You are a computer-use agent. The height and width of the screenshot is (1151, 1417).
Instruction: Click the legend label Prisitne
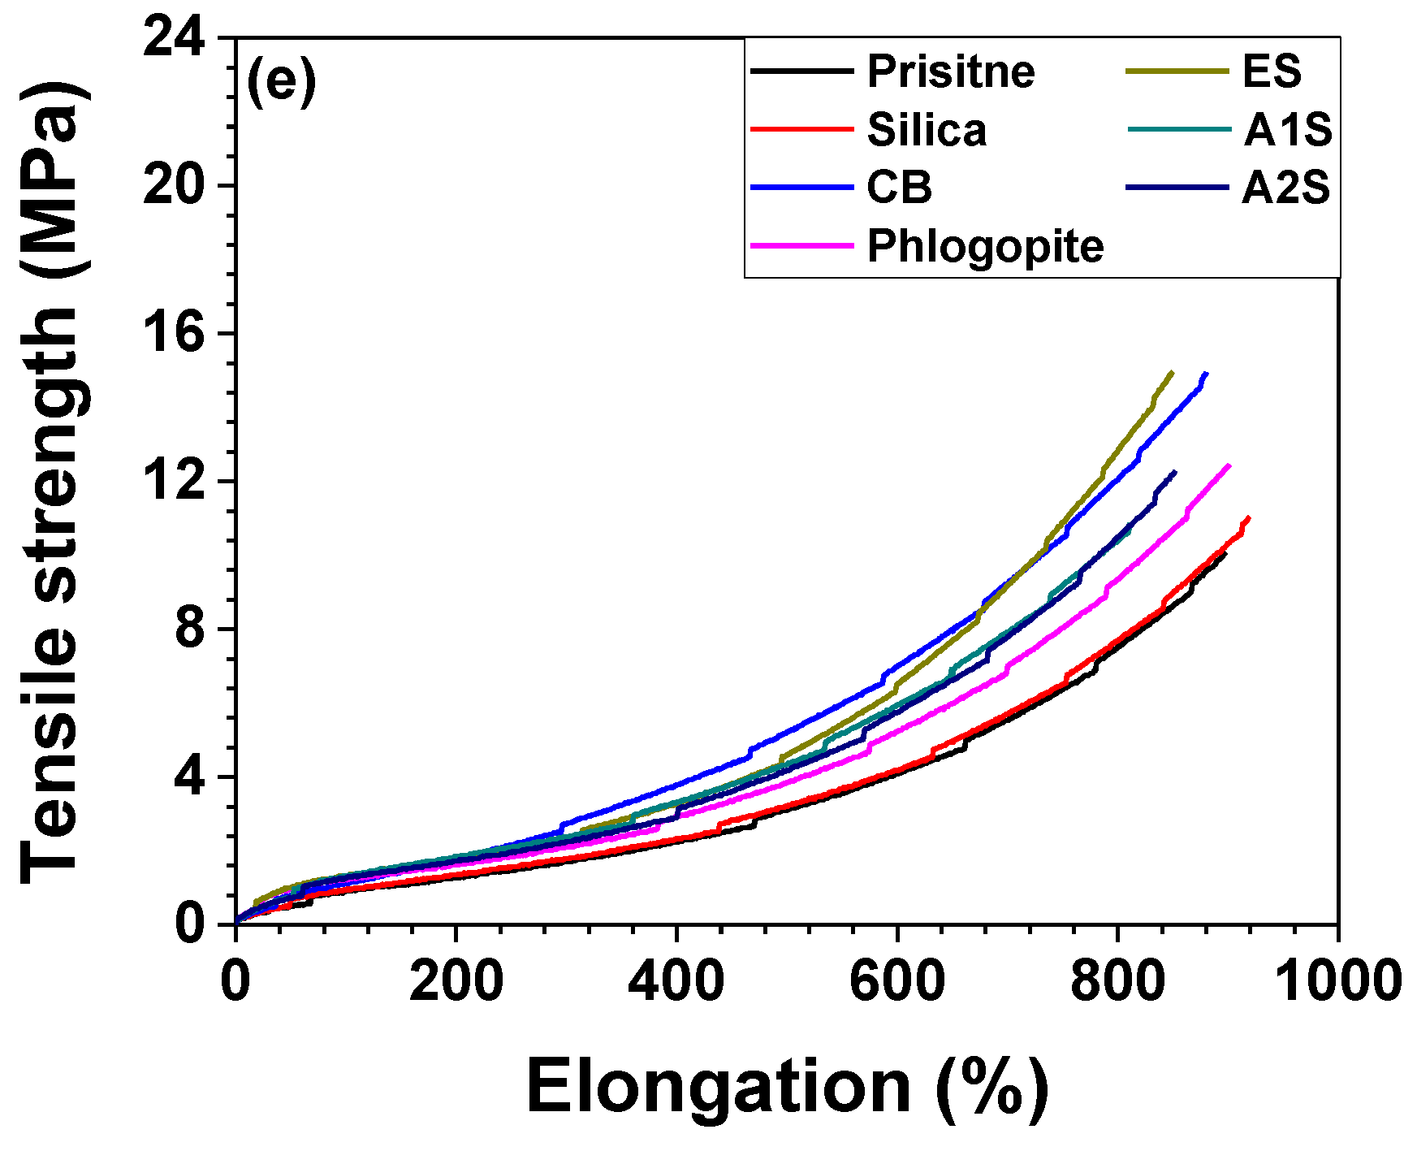[x=950, y=71]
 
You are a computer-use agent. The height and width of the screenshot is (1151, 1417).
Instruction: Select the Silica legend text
[x=927, y=130]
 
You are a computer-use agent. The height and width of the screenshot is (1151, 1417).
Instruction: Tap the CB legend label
[x=899, y=188]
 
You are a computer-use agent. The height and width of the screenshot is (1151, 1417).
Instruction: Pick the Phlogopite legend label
[x=985, y=246]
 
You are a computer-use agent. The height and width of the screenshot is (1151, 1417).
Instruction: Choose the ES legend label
[x=1272, y=71]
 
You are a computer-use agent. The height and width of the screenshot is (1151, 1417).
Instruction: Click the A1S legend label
[x=1287, y=130]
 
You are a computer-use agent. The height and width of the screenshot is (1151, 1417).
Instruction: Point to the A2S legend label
[x=1286, y=188]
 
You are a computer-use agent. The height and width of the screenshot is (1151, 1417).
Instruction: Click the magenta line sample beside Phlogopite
[x=801, y=244]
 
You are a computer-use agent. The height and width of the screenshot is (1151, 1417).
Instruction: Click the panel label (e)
[x=281, y=81]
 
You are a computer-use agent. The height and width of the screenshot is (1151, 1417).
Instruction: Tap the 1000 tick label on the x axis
[x=1338, y=980]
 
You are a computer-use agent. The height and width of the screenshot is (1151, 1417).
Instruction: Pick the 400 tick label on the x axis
[x=676, y=980]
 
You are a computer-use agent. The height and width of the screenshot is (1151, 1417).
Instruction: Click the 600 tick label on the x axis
[x=897, y=980]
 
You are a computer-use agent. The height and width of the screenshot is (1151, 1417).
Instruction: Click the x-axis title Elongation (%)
[x=786, y=1087]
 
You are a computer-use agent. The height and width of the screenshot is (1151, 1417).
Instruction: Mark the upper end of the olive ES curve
[x=1172, y=372]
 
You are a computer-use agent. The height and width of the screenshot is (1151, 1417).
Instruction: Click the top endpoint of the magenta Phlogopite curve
[x=1229, y=465]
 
